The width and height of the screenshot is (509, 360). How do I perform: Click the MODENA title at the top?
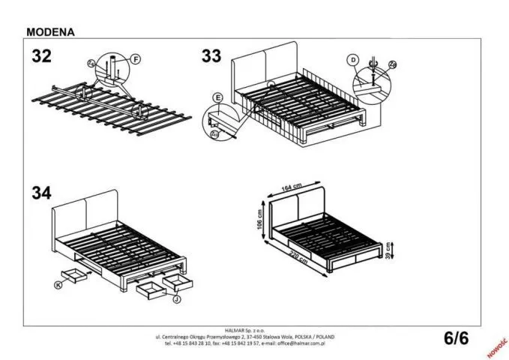50,32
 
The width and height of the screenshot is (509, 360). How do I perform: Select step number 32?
42,55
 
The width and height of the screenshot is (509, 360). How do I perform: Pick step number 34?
42,193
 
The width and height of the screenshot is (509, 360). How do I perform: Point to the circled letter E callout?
218,98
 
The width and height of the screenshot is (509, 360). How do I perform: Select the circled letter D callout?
352,59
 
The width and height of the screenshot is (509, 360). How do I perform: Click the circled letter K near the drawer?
59,285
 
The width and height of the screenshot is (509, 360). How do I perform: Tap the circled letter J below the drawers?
176,300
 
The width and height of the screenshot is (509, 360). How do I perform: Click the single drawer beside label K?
75,274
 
